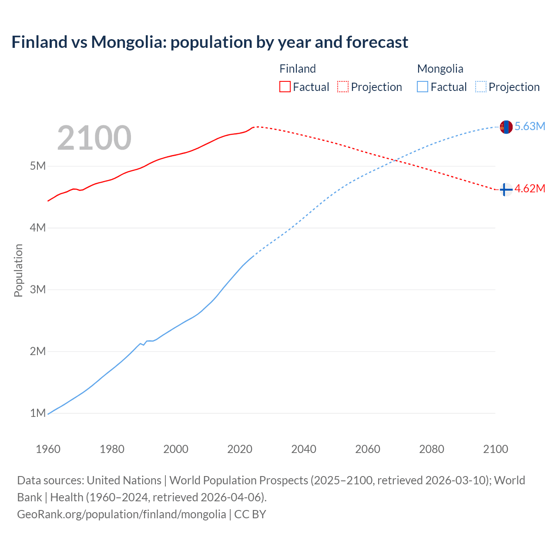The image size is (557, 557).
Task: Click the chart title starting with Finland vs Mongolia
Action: pyautogui.click(x=210, y=42)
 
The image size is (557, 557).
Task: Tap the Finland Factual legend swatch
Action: pyautogui.click(x=285, y=87)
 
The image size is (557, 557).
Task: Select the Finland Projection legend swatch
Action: pyautogui.click(x=342, y=87)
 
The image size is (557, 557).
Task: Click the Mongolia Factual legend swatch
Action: pyautogui.click(x=422, y=87)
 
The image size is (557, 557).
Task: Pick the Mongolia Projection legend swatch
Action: pyautogui.click(x=480, y=87)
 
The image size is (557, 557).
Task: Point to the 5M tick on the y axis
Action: pyautogui.click(x=38, y=166)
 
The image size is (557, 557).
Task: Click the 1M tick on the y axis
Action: pyautogui.click(x=38, y=413)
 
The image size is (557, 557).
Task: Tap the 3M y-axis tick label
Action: pyautogui.click(x=38, y=289)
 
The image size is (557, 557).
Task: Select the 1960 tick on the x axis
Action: pyautogui.click(x=48, y=449)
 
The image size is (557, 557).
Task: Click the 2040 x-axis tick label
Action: pyautogui.click(x=304, y=449)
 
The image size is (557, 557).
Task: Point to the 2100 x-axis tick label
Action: pyautogui.click(x=495, y=449)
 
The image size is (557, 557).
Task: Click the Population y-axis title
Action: pyautogui.click(x=18, y=270)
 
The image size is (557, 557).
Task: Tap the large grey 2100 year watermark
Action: pyautogui.click(x=94, y=138)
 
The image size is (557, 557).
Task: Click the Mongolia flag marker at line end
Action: pyautogui.click(x=506, y=127)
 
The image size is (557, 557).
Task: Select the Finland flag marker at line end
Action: pyautogui.click(x=506, y=190)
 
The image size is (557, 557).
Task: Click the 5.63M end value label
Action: pyautogui.click(x=530, y=126)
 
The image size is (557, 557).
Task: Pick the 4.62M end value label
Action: pyautogui.click(x=530, y=188)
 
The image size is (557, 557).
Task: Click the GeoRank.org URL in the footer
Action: pyautogui.click(x=121, y=514)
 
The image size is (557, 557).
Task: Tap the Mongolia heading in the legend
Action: pyautogui.click(x=440, y=69)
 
